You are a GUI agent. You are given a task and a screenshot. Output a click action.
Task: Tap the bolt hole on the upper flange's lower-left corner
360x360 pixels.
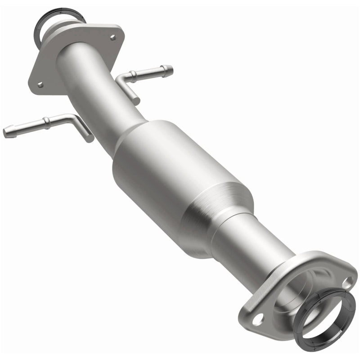coord(40,84)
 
